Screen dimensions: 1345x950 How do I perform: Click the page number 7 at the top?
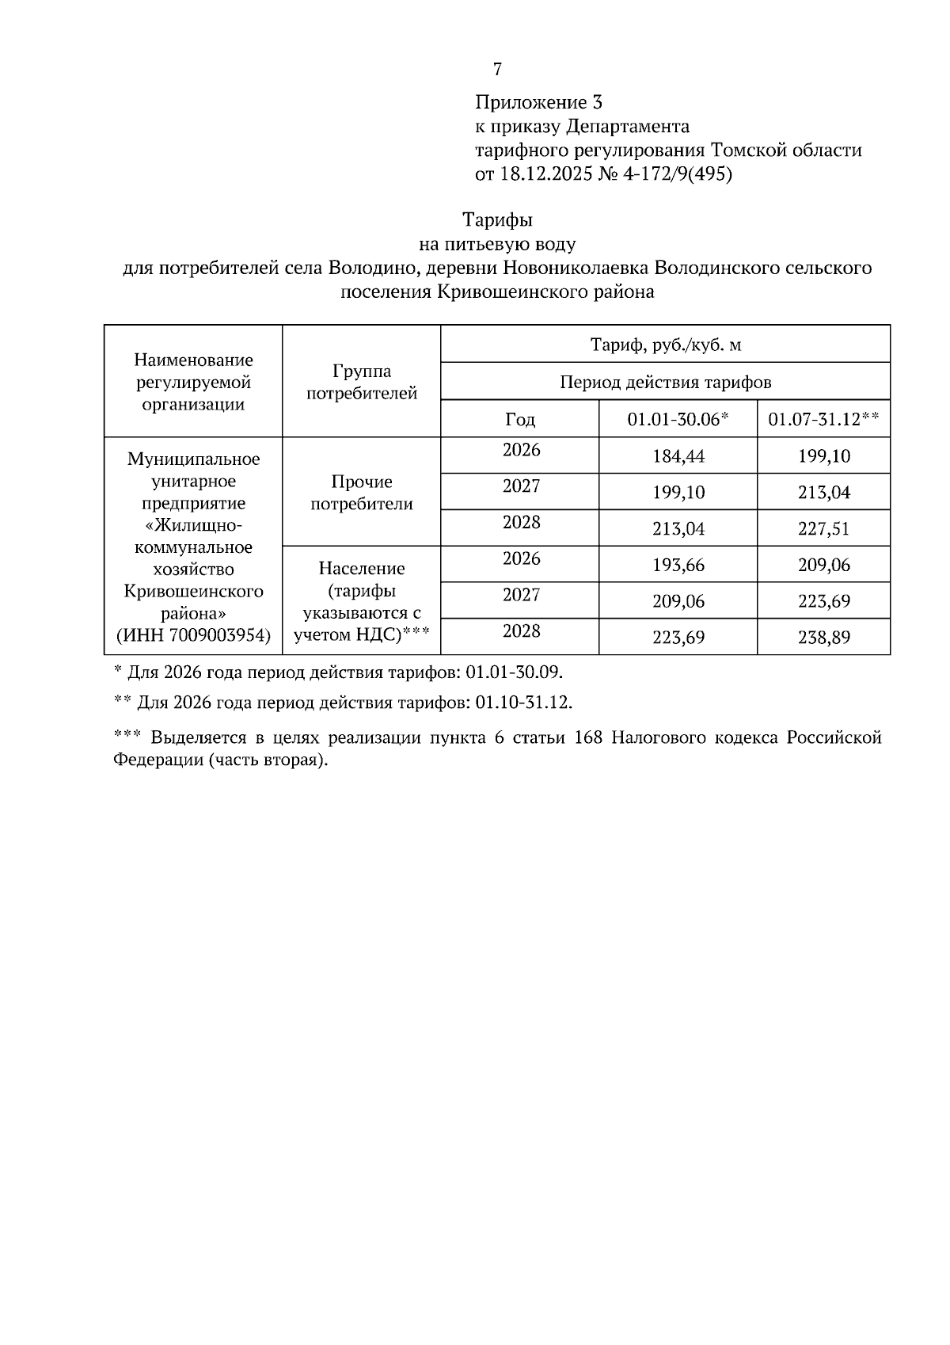(497, 70)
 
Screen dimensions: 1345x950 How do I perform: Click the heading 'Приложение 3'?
(538, 102)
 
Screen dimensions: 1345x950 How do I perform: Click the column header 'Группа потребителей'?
(361, 382)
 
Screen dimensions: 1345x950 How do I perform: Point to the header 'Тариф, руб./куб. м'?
(665, 345)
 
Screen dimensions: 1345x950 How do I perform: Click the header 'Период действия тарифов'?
(665, 382)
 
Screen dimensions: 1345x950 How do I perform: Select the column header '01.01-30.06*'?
(678, 419)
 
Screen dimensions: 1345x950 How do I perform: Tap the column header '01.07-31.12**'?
(823, 419)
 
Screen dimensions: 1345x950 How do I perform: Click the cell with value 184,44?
(678, 456)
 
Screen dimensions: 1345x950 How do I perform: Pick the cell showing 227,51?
(823, 528)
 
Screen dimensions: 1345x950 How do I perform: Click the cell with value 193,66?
(678, 565)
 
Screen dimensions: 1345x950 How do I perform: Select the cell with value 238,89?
(823, 638)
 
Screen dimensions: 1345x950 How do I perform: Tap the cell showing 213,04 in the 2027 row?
(823, 493)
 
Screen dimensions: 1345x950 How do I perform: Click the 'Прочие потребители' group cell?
(361, 493)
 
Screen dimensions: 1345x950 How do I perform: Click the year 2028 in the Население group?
(521, 631)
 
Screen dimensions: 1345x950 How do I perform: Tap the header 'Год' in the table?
(520, 419)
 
